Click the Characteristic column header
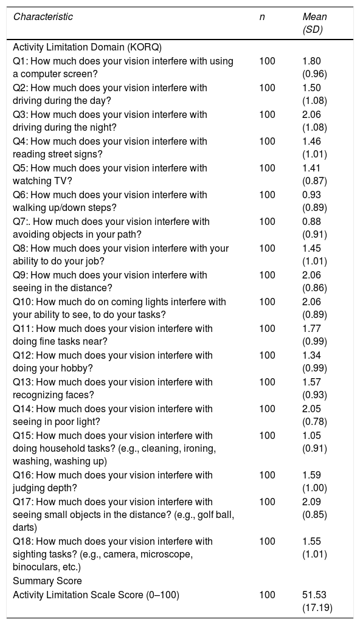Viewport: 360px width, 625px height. [x=43, y=17]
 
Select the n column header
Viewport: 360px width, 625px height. [x=262, y=17]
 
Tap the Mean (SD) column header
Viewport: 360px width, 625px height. [x=314, y=23]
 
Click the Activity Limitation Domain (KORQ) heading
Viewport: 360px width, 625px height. [x=88, y=47]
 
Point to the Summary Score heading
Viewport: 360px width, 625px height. [x=47, y=581]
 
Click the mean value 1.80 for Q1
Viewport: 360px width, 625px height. [x=312, y=61]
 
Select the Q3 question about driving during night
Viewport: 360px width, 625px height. [x=110, y=121]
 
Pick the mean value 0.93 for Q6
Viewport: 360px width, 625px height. [x=312, y=195]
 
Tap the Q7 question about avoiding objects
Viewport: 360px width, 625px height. [x=111, y=227]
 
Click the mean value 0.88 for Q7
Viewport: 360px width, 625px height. [x=312, y=222]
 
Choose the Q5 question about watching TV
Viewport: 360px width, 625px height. [x=110, y=174]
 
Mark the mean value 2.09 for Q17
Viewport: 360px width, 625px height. [x=312, y=502]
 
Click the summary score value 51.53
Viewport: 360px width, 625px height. [x=314, y=595]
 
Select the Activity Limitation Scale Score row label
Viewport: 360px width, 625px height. [x=96, y=595]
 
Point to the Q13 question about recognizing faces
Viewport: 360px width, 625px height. [x=113, y=388]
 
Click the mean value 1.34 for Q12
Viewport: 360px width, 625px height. [x=312, y=355]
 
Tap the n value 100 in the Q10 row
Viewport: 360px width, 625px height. [x=267, y=302]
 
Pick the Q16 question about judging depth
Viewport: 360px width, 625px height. [x=113, y=482]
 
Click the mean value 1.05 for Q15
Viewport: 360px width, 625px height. [x=312, y=436]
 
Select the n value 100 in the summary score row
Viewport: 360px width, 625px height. [x=267, y=595]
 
